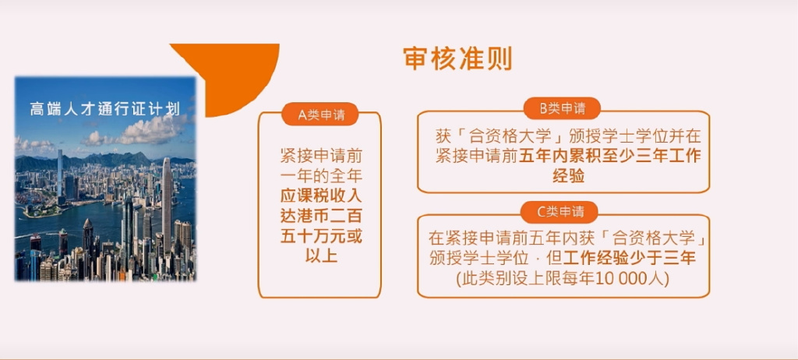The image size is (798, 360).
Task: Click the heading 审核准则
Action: coord(457,58)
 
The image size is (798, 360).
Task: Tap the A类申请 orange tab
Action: coord(320,115)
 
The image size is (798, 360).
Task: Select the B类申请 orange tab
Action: coord(563,108)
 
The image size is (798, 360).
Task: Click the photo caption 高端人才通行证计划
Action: coord(105,109)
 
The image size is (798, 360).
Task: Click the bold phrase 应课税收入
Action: coord(321,196)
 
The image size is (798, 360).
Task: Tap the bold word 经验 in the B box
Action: coord(568,176)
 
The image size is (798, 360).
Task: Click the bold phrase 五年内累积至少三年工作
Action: coord(609,156)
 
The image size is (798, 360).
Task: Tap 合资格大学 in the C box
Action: coord(652,238)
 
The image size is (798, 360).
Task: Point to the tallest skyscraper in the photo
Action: coord(167,203)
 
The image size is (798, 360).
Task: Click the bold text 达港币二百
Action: coord(321,216)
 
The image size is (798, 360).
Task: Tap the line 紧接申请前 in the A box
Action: coord(321,155)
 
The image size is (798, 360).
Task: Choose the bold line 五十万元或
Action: coord(321,236)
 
